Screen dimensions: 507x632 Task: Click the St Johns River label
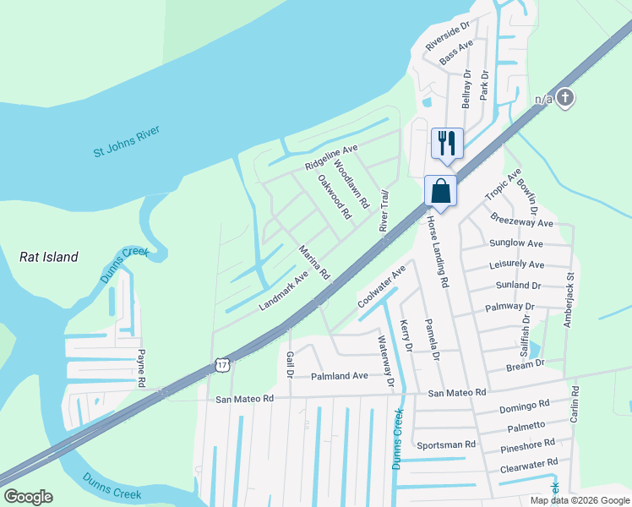(x=127, y=141)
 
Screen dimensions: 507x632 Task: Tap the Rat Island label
(x=49, y=257)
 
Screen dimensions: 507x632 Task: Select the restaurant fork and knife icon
(x=448, y=142)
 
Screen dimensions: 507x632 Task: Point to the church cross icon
(x=566, y=99)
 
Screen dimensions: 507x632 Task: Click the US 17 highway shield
(x=222, y=364)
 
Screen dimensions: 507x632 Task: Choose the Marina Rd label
(x=313, y=263)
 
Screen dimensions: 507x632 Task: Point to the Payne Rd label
(x=141, y=368)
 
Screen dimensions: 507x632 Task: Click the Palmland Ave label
(x=340, y=375)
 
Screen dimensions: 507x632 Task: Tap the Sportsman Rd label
(x=446, y=444)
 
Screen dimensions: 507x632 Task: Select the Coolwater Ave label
(x=382, y=286)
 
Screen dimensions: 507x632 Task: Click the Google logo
(x=28, y=497)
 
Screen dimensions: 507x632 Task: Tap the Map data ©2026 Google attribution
(x=580, y=500)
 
